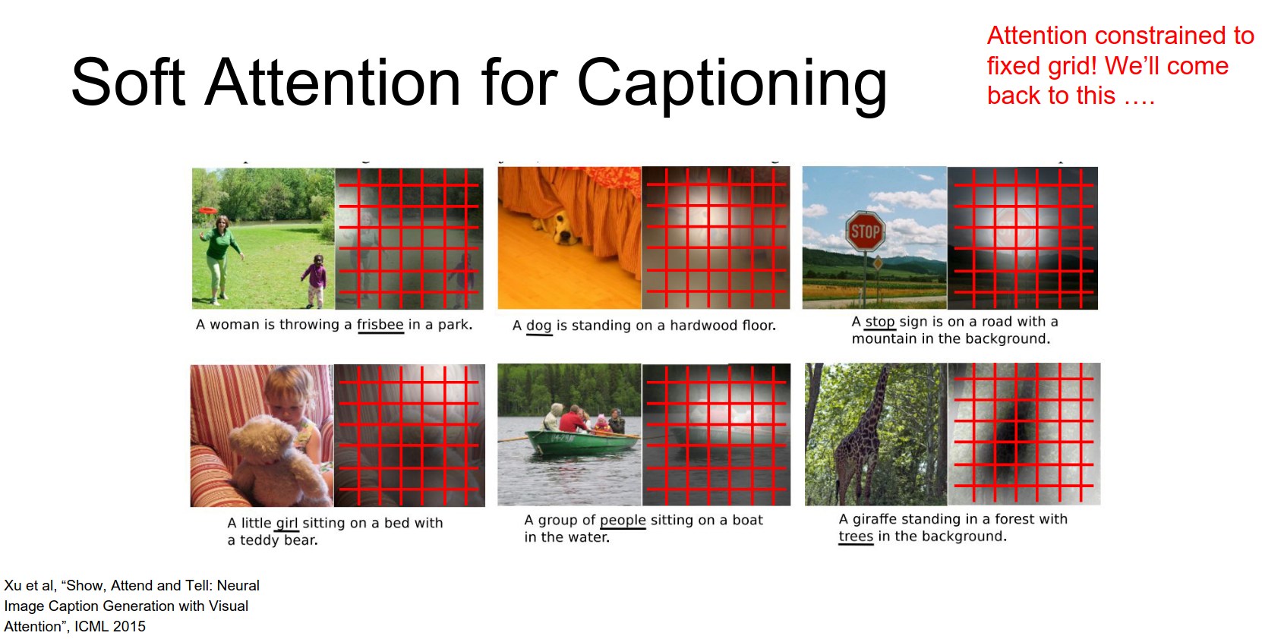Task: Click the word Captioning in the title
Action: [x=732, y=84]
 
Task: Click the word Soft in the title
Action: [x=128, y=82]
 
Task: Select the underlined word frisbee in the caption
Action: [x=380, y=325]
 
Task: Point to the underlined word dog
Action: [x=539, y=326]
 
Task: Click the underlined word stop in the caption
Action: [x=880, y=322]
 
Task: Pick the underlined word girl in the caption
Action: [x=287, y=524]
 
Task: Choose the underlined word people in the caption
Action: [x=623, y=521]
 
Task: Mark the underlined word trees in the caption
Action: [x=856, y=537]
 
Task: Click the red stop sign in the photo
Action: [x=865, y=231]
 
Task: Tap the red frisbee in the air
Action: [x=208, y=210]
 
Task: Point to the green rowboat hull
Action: [x=581, y=442]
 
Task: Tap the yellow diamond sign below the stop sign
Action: [x=877, y=263]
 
